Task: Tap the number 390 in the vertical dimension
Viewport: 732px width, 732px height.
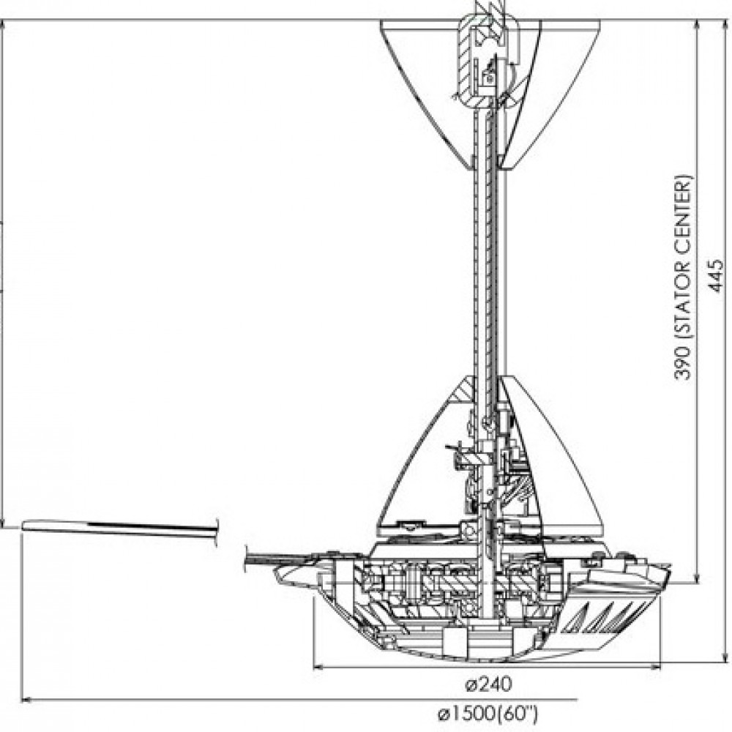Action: pos(682,362)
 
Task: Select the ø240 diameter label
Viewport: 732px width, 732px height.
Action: pos(488,684)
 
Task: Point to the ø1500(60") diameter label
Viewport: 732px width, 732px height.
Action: pos(488,714)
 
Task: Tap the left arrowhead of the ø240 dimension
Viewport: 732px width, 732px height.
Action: pos(318,667)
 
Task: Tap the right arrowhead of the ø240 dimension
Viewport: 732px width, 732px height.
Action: pos(657,667)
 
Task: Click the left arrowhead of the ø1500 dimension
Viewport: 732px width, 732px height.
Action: pos(27,699)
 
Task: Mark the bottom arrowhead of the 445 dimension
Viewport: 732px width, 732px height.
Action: pos(725,656)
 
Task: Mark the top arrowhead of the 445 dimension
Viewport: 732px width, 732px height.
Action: pos(725,25)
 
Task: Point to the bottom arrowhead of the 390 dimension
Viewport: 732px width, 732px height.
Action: pos(697,578)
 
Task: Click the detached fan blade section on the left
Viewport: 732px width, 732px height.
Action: pos(120,528)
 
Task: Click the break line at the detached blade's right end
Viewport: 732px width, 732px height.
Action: pos(217,531)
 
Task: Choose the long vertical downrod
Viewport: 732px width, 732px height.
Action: pos(488,271)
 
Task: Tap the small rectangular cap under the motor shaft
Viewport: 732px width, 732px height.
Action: pos(455,641)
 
